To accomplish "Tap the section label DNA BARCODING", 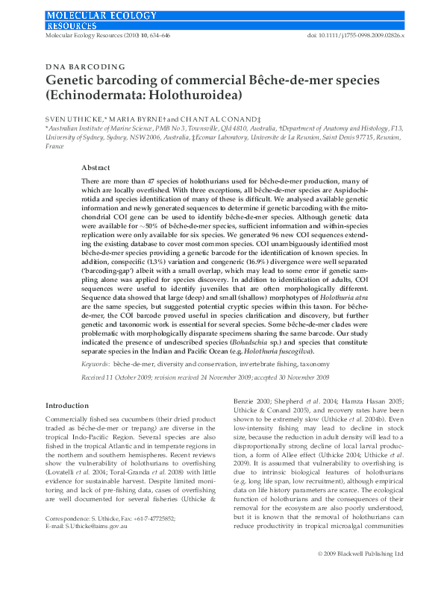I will (86, 67).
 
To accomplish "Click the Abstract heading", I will (96, 169).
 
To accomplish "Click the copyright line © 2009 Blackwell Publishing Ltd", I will (360, 575).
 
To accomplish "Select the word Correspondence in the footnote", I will (66, 539).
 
